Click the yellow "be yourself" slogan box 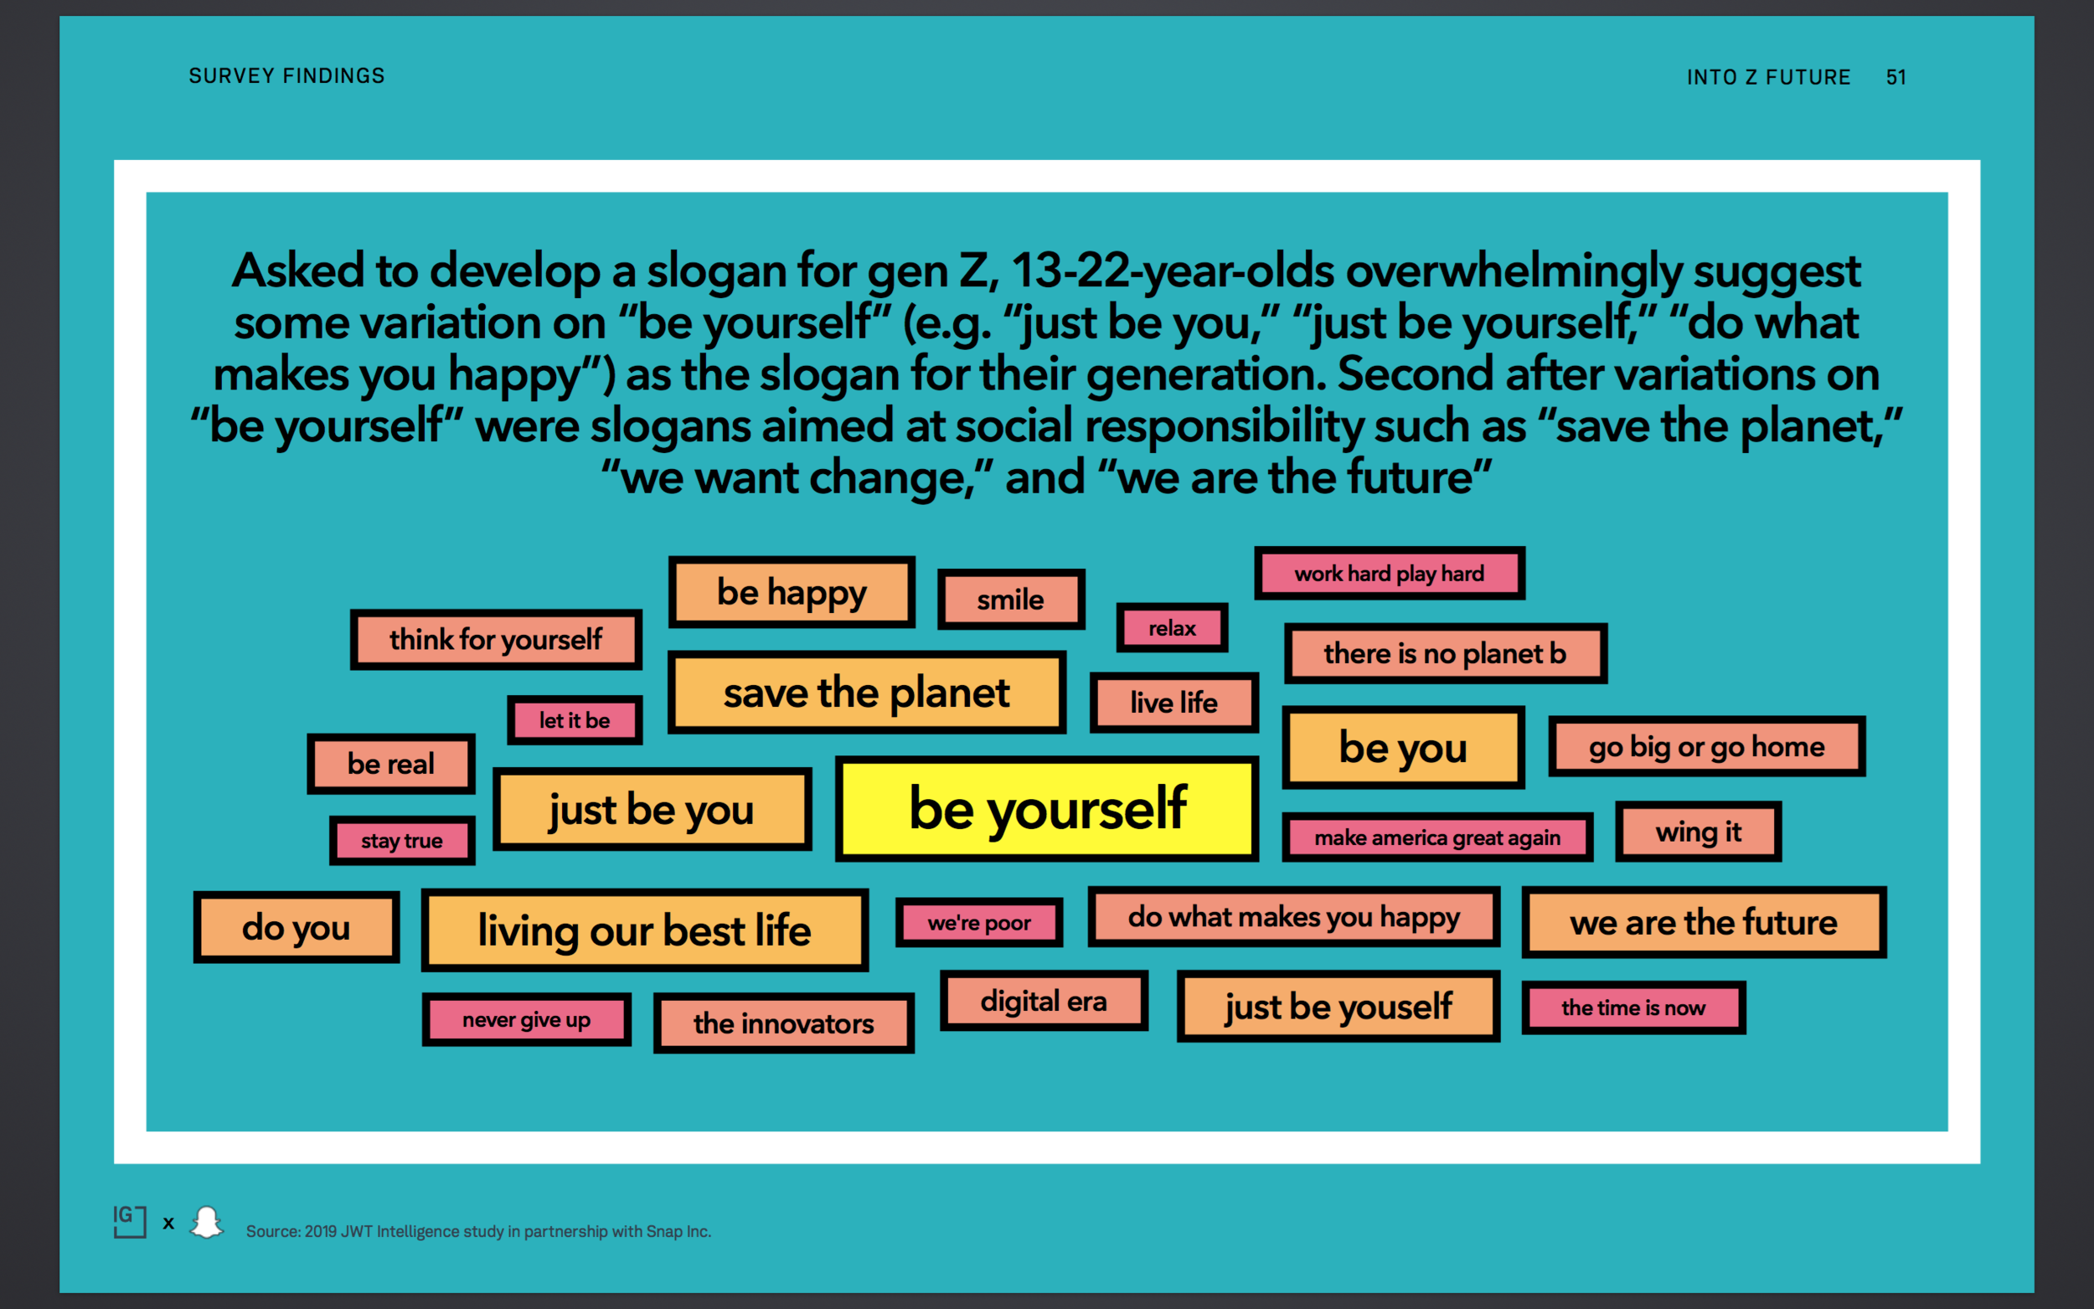(x=1046, y=809)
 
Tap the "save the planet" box (x=867, y=693)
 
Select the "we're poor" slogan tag (x=979, y=923)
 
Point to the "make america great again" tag (x=1437, y=838)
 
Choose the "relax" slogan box (x=1172, y=627)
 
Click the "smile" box (x=1010, y=599)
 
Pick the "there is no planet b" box (x=1445, y=653)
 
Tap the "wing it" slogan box (x=1698, y=832)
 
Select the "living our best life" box (x=645, y=930)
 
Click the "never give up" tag (x=526, y=1020)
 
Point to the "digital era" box (x=1043, y=1002)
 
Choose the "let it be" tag (x=575, y=720)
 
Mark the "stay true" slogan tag (x=402, y=841)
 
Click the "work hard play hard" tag (x=1390, y=573)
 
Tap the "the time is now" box (x=1632, y=1008)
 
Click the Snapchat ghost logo (x=207, y=1223)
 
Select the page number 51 (x=1895, y=77)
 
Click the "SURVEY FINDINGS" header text (x=286, y=76)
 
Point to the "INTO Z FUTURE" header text (x=1767, y=77)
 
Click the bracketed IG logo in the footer (x=129, y=1222)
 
